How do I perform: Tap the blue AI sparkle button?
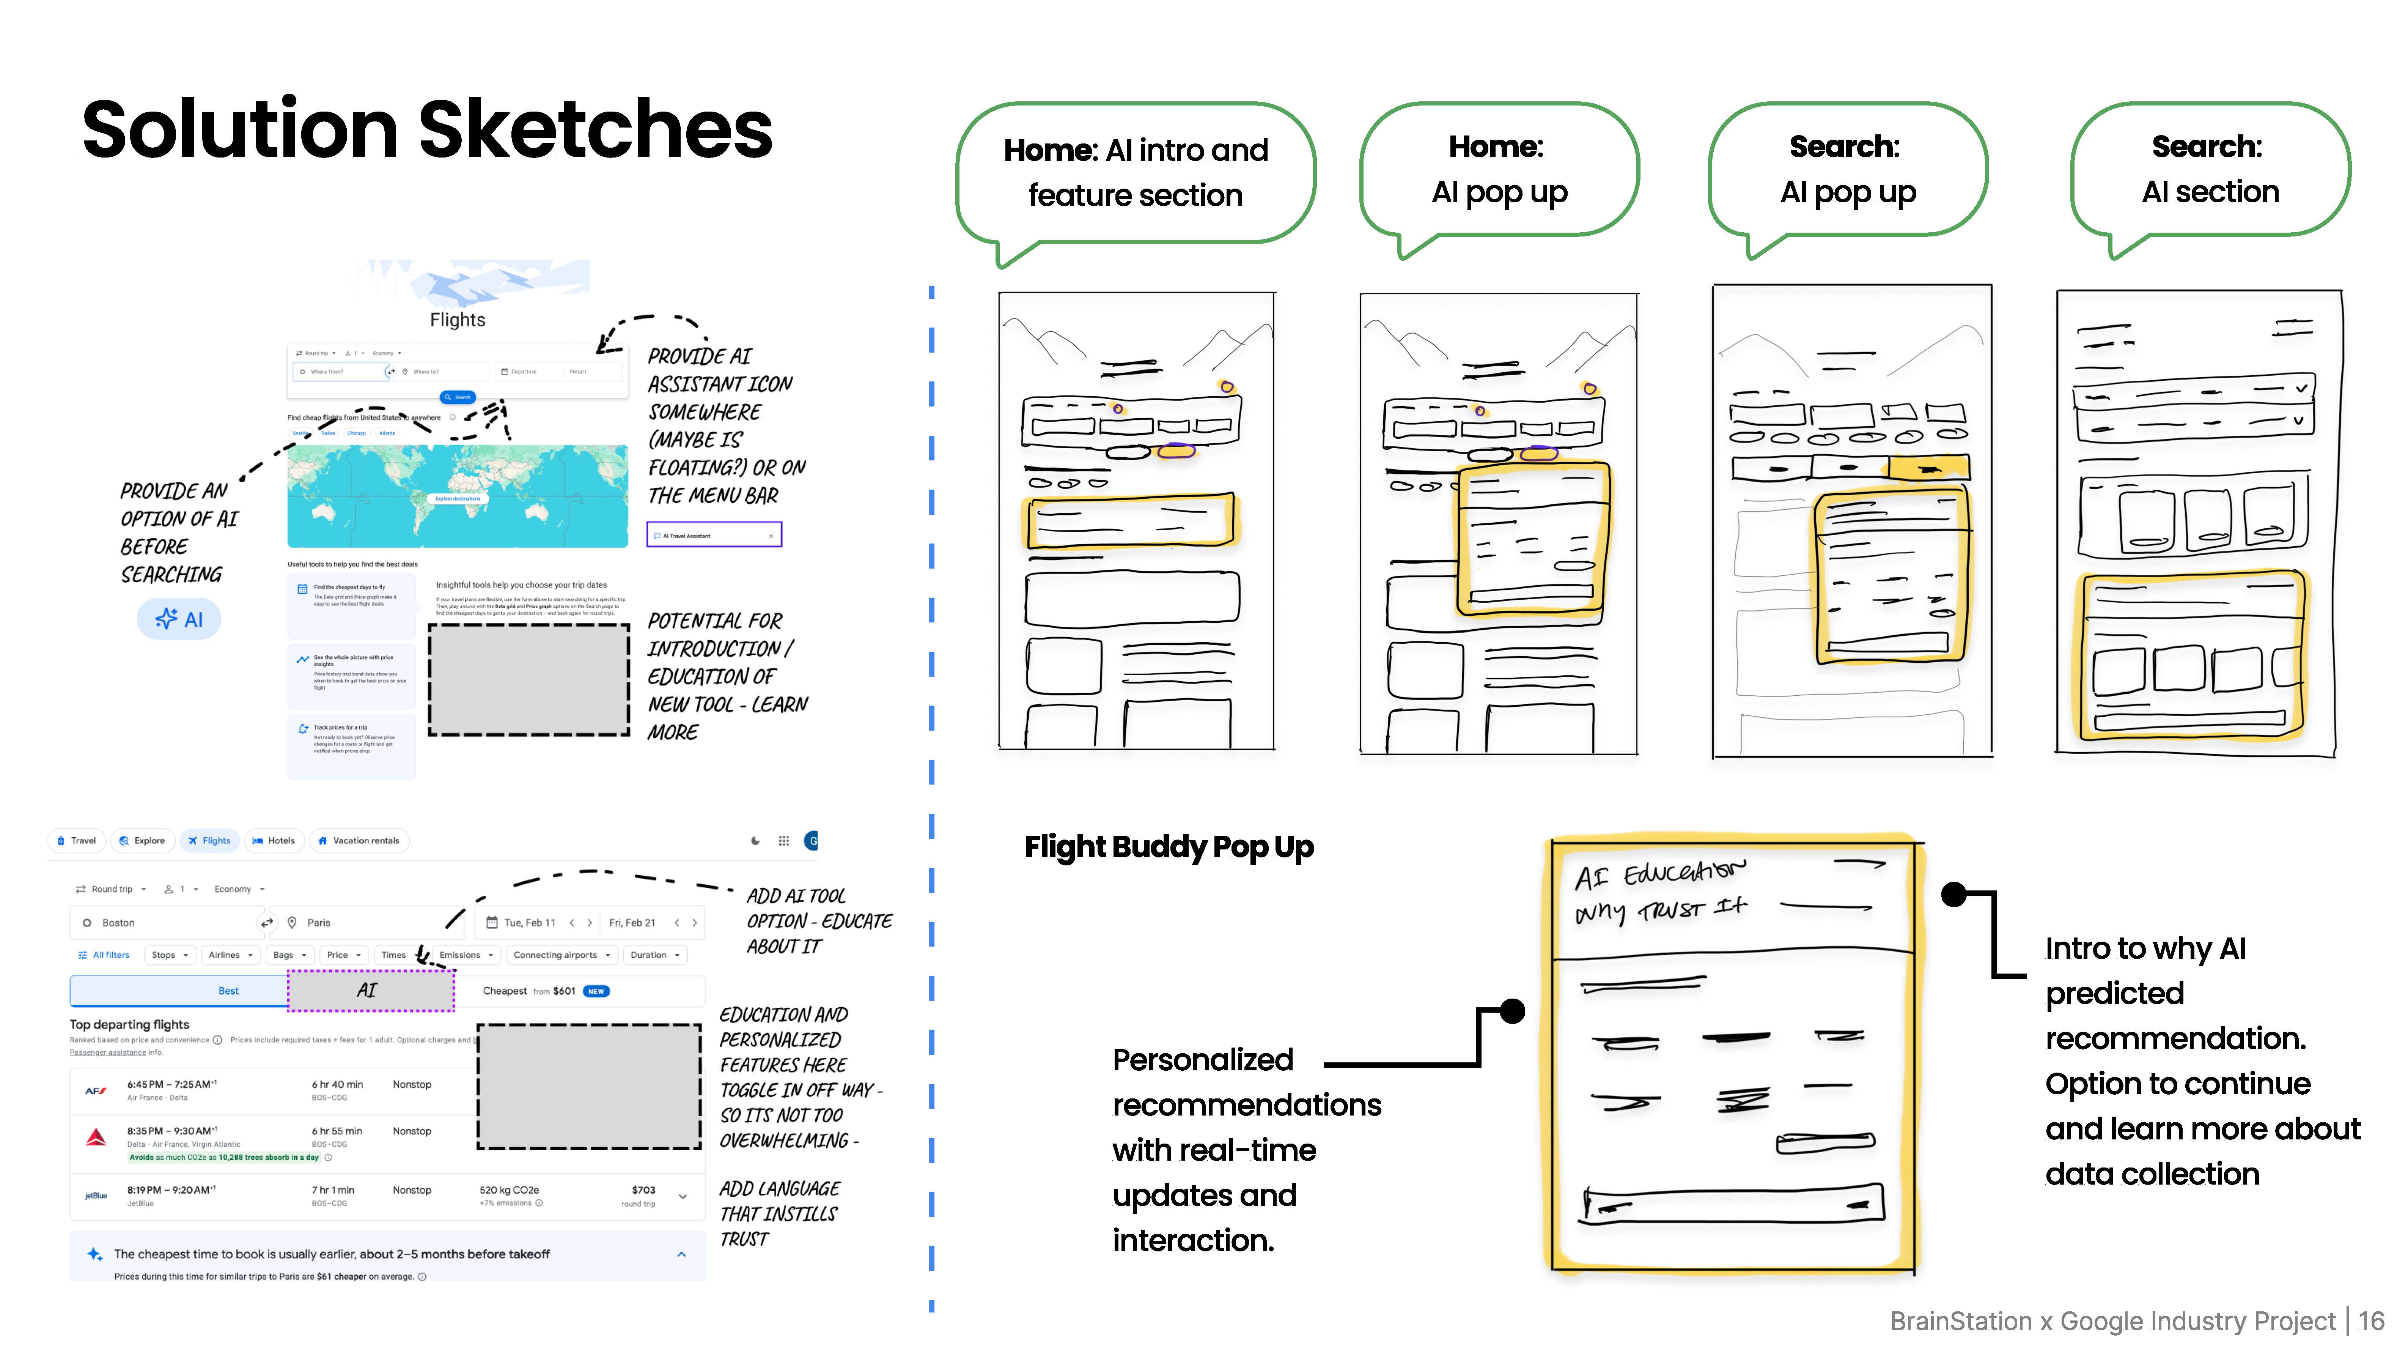(179, 619)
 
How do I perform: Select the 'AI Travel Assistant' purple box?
(714, 535)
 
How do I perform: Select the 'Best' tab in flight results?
(228, 990)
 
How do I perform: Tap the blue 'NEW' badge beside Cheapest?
(596, 991)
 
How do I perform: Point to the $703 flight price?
(643, 1190)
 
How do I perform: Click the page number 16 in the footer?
(2370, 1321)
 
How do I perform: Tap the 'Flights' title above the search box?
(457, 320)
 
